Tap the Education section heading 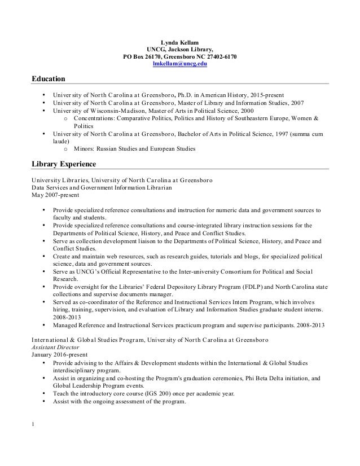[x=49, y=78]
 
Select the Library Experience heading [x=63, y=165]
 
